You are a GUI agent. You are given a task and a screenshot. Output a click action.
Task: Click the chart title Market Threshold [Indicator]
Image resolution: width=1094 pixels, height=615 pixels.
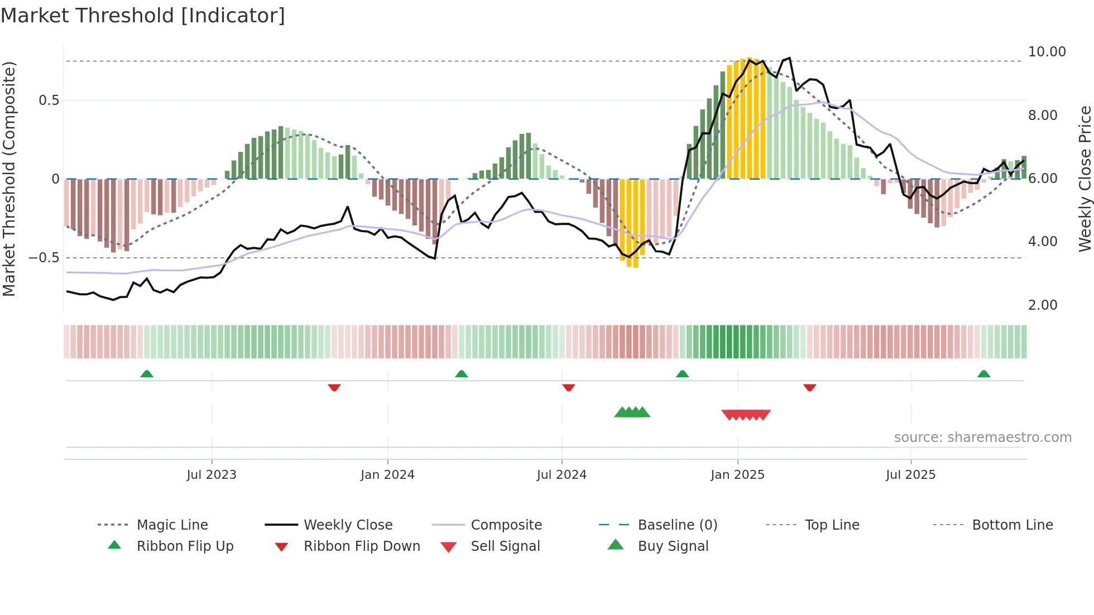click(x=143, y=16)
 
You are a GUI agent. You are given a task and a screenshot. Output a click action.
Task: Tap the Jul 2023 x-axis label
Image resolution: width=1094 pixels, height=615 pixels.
click(x=212, y=475)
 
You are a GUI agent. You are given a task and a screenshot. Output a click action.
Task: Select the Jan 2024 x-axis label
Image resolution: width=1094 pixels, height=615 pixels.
click(x=387, y=475)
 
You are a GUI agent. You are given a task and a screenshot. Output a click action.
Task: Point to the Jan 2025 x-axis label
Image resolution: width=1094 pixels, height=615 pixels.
click(x=737, y=475)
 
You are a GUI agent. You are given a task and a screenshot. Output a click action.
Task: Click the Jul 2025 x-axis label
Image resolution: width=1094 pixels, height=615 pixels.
click(x=910, y=475)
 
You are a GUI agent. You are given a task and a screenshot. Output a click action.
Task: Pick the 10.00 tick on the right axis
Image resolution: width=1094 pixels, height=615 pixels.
click(x=1047, y=52)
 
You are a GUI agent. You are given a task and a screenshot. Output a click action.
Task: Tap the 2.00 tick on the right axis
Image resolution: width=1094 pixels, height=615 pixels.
click(x=1043, y=305)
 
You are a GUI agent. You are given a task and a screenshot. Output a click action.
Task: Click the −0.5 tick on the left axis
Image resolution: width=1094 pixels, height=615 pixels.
click(x=44, y=258)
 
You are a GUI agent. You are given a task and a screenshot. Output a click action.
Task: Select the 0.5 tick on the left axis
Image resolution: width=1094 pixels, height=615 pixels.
click(x=49, y=100)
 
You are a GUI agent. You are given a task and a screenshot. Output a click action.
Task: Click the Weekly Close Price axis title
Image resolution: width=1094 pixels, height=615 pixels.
click(x=1085, y=179)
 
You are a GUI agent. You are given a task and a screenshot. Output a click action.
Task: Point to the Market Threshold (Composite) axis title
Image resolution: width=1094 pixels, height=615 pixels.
click(x=9, y=179)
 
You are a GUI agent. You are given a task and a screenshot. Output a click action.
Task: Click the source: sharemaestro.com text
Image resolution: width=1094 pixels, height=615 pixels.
click(x=982, y=438)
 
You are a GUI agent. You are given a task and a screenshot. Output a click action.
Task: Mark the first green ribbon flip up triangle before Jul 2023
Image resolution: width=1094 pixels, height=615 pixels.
click(x=147, y=374)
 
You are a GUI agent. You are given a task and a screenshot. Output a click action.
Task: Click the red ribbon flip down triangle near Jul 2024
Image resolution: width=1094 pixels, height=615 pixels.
click(x=569, y=387)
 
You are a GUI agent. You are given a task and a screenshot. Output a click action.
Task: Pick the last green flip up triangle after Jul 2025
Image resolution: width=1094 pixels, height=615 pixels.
click(x=983, y=374)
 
